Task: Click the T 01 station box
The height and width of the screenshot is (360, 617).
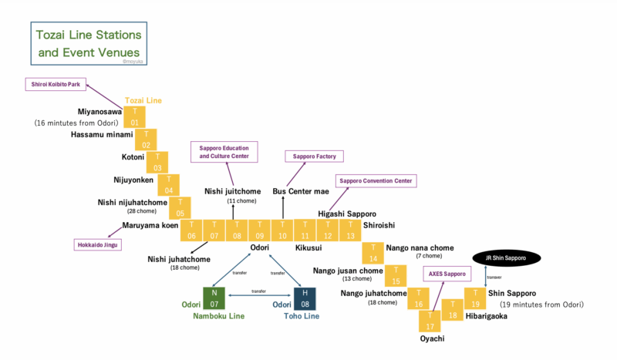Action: click(x=136, y=117)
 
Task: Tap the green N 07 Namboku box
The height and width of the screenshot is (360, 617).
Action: click(x=214, y=298)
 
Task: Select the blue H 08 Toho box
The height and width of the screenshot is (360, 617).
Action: click(x=305, y=298)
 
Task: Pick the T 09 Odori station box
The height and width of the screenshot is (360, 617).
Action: click(x=260, y=230)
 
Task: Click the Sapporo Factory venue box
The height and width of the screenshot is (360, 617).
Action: click(x=315, y=156)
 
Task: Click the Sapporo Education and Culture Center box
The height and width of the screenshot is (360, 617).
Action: click(x=224, y=151)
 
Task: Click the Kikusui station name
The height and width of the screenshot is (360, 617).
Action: click(x=308, y=248)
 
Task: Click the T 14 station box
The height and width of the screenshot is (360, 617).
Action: click(x=373, y=253)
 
